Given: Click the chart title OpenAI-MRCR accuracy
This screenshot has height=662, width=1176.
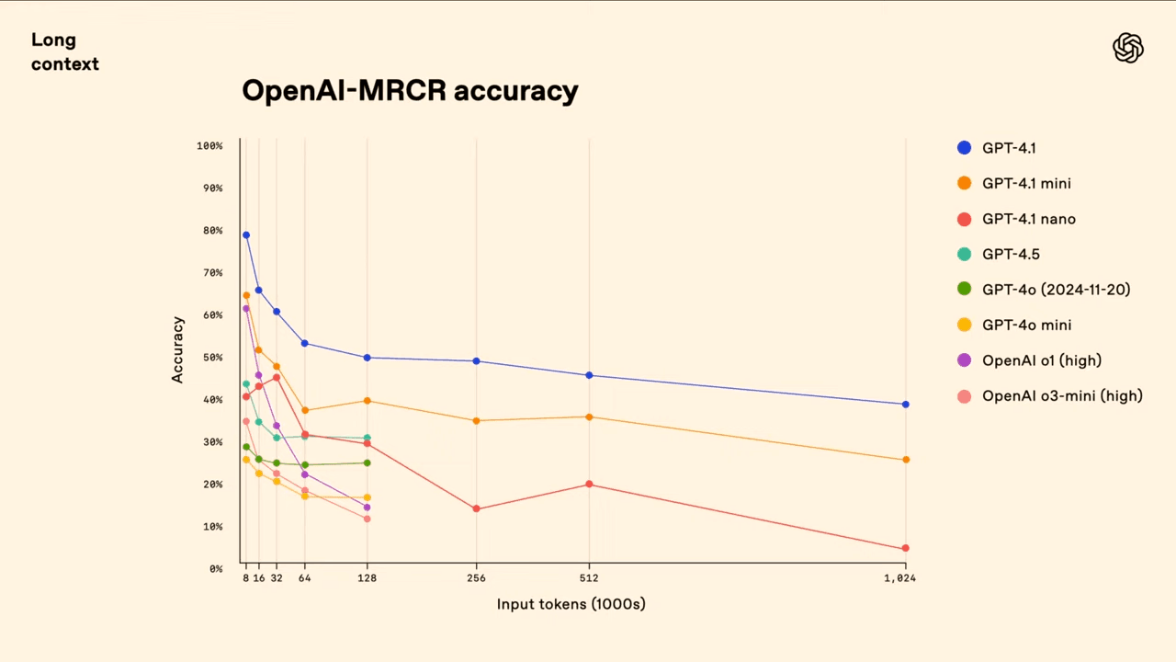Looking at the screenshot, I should coord(410,91).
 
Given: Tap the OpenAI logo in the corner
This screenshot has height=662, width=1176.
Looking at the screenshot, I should coord(1127,48).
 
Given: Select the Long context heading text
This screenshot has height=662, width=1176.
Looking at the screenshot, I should coord(64,52).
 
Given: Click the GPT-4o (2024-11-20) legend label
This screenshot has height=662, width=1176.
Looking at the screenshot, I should coord(1056,290).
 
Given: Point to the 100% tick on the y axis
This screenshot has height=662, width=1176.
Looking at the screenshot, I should coord(209,146).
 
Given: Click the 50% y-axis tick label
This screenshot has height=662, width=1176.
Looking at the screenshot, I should coord(212,358).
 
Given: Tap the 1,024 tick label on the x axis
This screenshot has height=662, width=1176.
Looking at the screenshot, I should coord(899,578).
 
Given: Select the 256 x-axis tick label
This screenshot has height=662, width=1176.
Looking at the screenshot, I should coord(476,578).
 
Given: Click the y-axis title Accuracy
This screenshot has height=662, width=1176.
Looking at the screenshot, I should coord(178,349).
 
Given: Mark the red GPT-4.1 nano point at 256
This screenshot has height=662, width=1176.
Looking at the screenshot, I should coord(476,508).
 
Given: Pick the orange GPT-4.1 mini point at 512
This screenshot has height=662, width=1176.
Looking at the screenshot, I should coord(589,417).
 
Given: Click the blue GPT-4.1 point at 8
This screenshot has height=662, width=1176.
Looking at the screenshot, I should coord(246,235).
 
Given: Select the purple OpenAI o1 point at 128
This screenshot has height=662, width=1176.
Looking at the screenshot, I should coord(367,508).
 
